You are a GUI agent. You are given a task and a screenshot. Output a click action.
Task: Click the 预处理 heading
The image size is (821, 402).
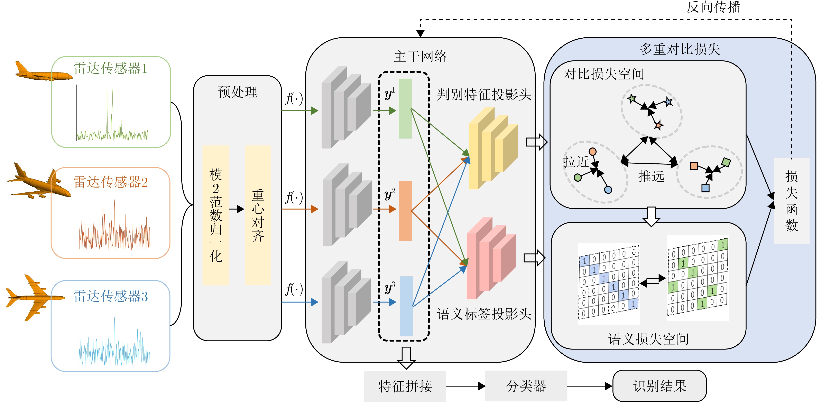pyautogui.click(x=237, y=92)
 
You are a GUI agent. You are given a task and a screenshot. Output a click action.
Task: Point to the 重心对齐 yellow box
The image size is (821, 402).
pyautogui.click(x=258, y=215)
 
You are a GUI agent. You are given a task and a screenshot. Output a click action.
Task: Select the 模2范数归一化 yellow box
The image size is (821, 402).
pyautogui.click(x=216, y=215)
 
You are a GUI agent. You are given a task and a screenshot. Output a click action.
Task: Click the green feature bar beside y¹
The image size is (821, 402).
pyautogui.click(x=405, y=109)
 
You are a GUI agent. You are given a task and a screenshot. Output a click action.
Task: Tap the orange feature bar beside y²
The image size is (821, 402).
pyautogui.click(x=405, y=211)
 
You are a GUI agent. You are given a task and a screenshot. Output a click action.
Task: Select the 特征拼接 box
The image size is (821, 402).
pyautogui.click(x=405, y=386)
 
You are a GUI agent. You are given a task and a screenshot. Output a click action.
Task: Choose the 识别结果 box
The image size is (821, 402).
pyautogui.click(x=659, y=386)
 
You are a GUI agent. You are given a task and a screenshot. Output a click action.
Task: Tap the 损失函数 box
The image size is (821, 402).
pyautogui.click(x=791, y=201)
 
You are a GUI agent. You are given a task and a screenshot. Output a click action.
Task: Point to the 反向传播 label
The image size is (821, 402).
pyautogui.click(x=713, y=7)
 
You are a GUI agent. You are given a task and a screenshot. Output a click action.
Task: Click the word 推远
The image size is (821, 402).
pyautogui.click(x=651, y=176)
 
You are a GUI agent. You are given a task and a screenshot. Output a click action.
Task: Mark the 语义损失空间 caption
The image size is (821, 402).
pyautogui.click(x=648, y=339)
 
